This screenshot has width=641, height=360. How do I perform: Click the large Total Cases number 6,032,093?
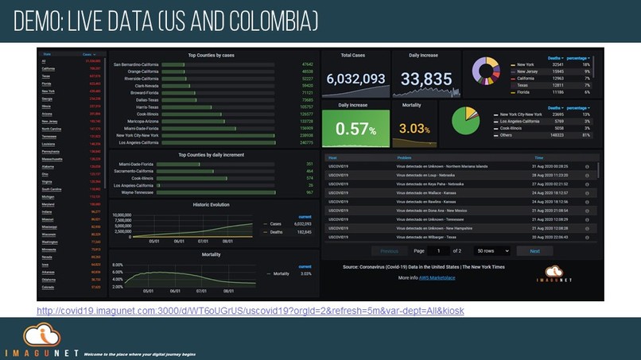tap(355, 79)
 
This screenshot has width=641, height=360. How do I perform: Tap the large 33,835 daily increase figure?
tap(425, 79)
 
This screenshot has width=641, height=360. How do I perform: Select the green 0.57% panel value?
tap(355, 129)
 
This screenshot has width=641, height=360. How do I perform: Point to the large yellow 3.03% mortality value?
tap(414, 129)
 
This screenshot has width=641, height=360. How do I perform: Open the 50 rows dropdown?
tap(491, 250)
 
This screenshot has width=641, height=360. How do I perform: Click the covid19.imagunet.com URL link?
tap(251, 309)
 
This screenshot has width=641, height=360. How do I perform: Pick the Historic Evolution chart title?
tap(211, 205)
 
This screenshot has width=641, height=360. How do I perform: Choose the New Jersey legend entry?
tap(526, 72)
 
